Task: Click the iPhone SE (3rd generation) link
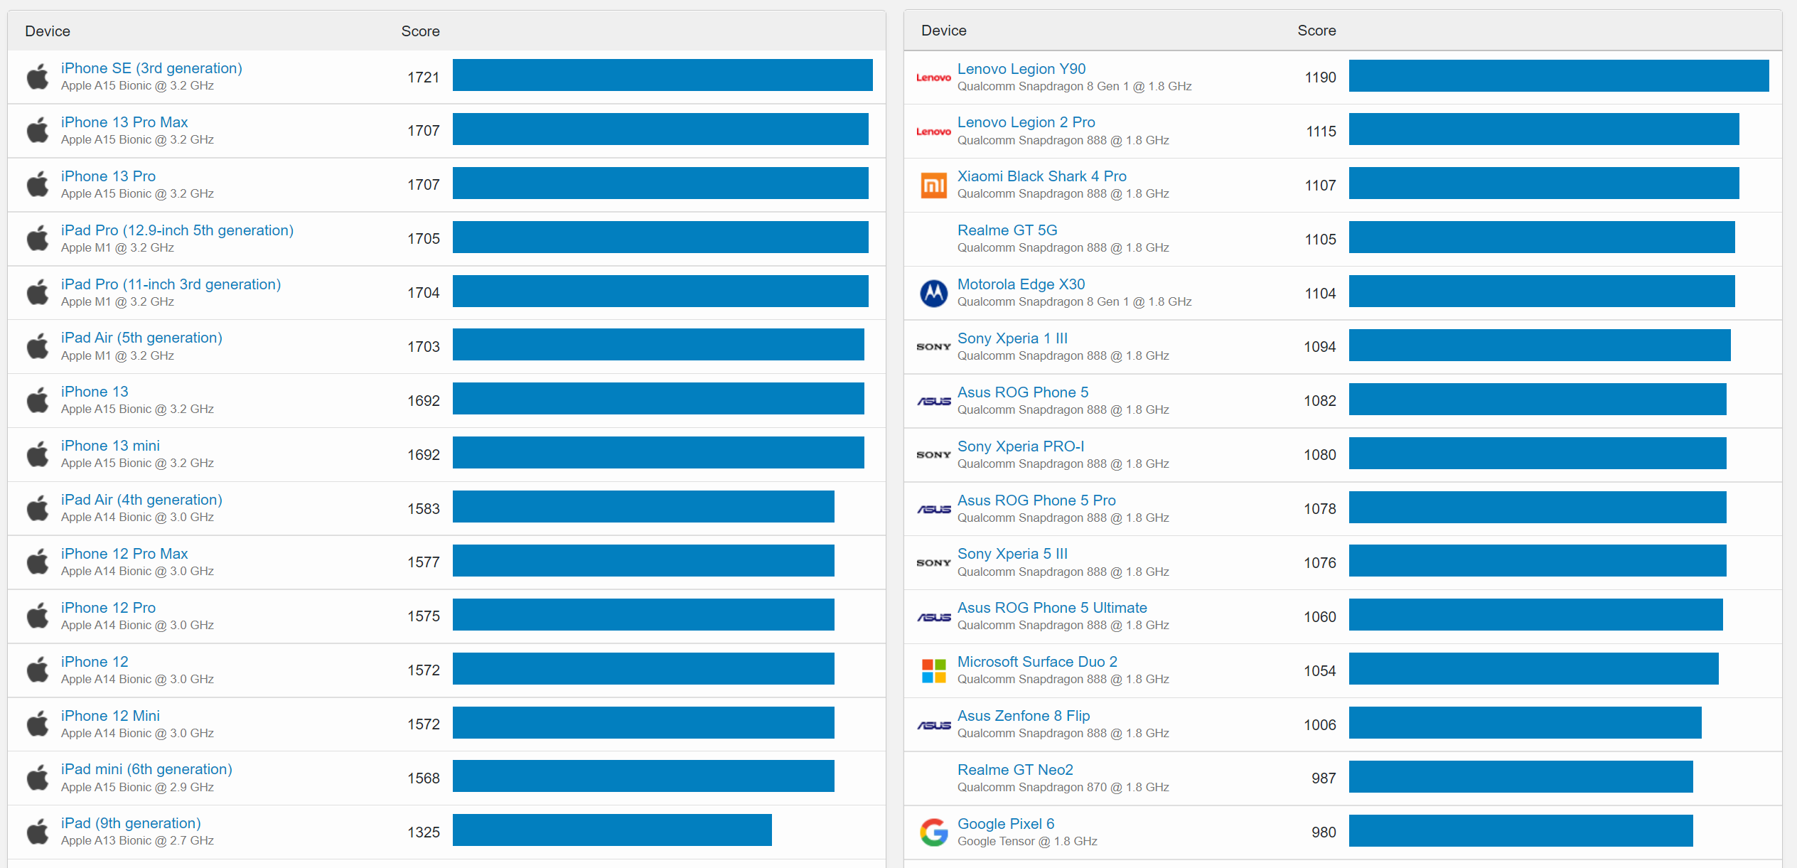151,68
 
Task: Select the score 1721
423,77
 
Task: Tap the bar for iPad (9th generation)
611,830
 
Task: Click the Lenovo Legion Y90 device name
1021,69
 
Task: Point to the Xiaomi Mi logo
933,186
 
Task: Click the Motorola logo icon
933,293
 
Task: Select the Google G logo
933,832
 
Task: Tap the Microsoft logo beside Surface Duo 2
933,670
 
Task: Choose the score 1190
1320,77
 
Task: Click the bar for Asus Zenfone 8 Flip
1525,723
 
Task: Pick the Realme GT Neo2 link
1014,770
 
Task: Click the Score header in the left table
420,31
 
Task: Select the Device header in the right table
943,31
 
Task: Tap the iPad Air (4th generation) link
141,500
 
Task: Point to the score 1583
423,509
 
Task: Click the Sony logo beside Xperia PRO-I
933,455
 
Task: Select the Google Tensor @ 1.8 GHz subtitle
1026,842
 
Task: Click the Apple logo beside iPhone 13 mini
38,454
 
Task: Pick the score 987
1323,778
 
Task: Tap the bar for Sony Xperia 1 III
1539,345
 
